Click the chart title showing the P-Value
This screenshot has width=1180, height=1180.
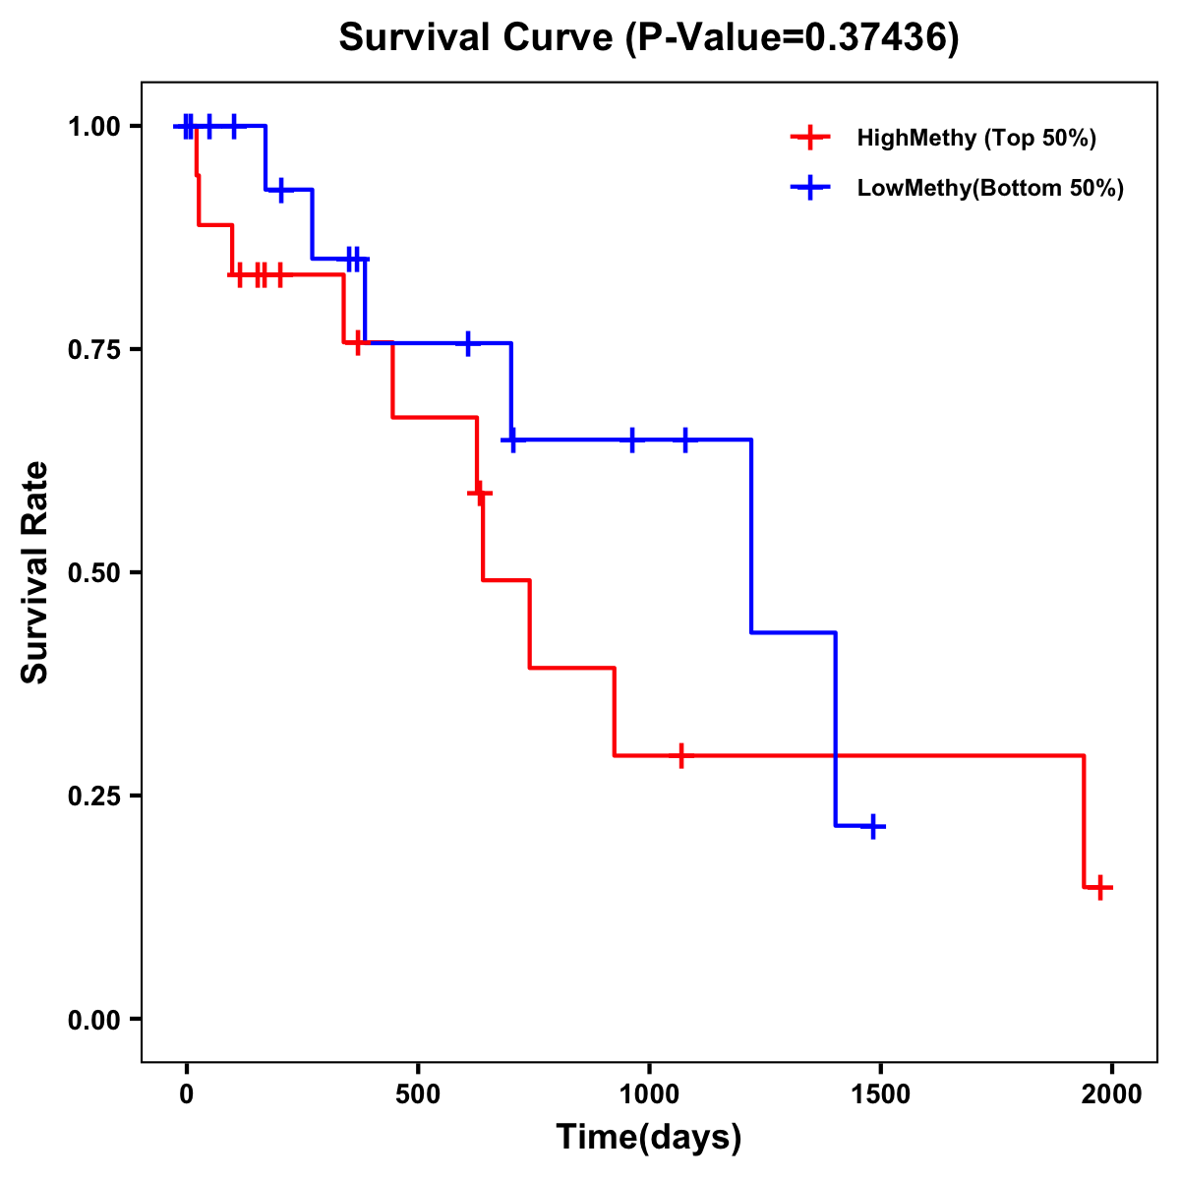click(648, 38)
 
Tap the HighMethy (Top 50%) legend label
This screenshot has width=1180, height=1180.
click(976, 138)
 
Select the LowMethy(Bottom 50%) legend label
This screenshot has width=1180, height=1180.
click(990, 189)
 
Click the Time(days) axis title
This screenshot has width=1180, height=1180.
click(649, 1138)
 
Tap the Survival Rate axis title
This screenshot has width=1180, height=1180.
click(35, 572)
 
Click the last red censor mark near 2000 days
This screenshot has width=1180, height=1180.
click(1101, 887)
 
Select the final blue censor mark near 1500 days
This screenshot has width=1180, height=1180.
click(871, 826)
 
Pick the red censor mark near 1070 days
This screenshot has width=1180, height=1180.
click(680, 755)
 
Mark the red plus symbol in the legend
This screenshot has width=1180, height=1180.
click(809, 138)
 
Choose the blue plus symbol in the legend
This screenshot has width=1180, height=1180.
click(809, 189)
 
